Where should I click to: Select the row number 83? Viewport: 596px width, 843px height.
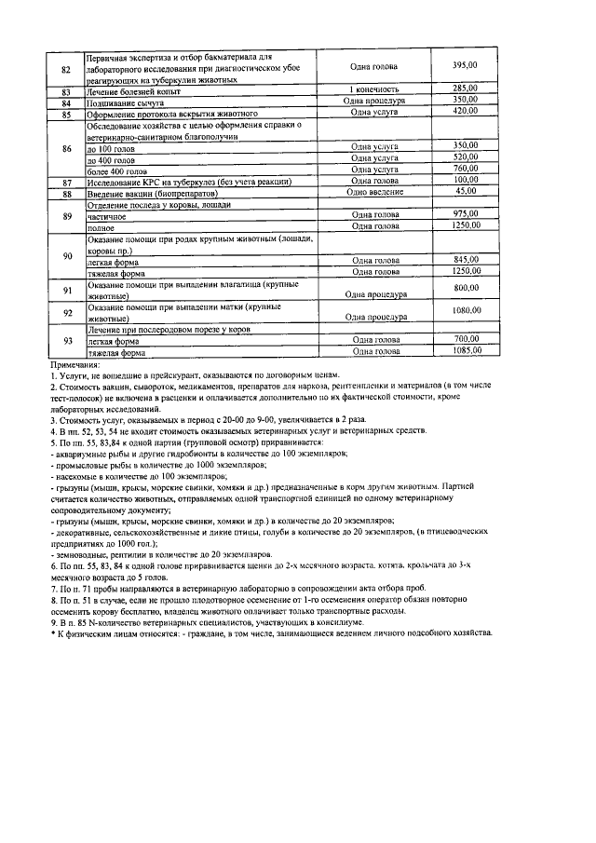tap(66, 91)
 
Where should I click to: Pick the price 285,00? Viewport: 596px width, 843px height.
tap(464, 88)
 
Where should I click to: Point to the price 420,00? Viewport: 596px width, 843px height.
tap(464, 111)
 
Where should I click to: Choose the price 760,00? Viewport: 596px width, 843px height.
tap(464, 169)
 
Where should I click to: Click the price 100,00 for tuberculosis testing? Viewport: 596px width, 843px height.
tap(464, 180)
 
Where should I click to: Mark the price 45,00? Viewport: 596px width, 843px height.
tap(464, 191)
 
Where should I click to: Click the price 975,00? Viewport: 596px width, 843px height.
tap(464, 214)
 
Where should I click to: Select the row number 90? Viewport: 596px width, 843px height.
tap(66, 255)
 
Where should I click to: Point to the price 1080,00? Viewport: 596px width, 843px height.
tap(464, 310)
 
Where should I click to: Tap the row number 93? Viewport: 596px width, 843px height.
tap(66, 340)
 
